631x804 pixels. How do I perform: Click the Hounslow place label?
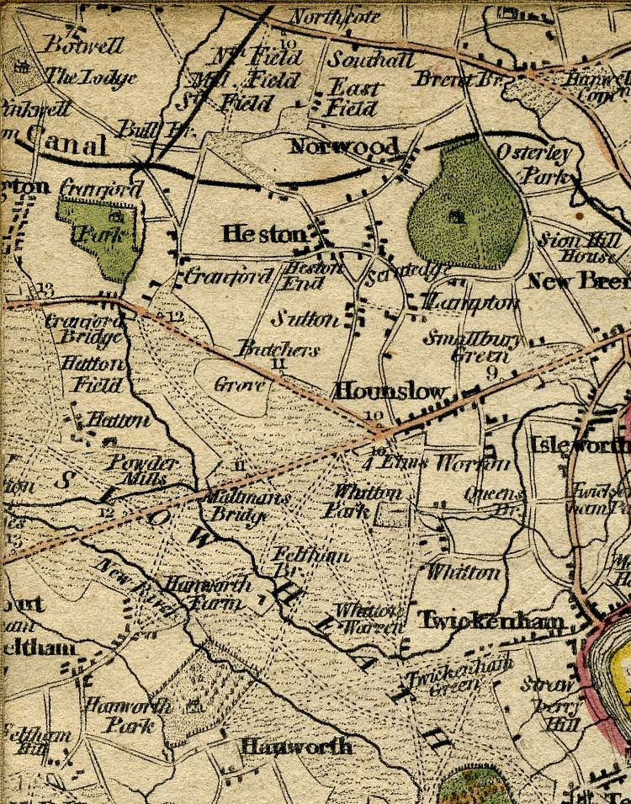tap(390, 391)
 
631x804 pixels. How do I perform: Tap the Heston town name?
tap(264, 235)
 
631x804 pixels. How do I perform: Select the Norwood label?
tap(342, 147)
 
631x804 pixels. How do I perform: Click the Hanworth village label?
tap(296, 746)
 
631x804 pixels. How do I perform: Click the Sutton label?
tap(305, 319)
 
